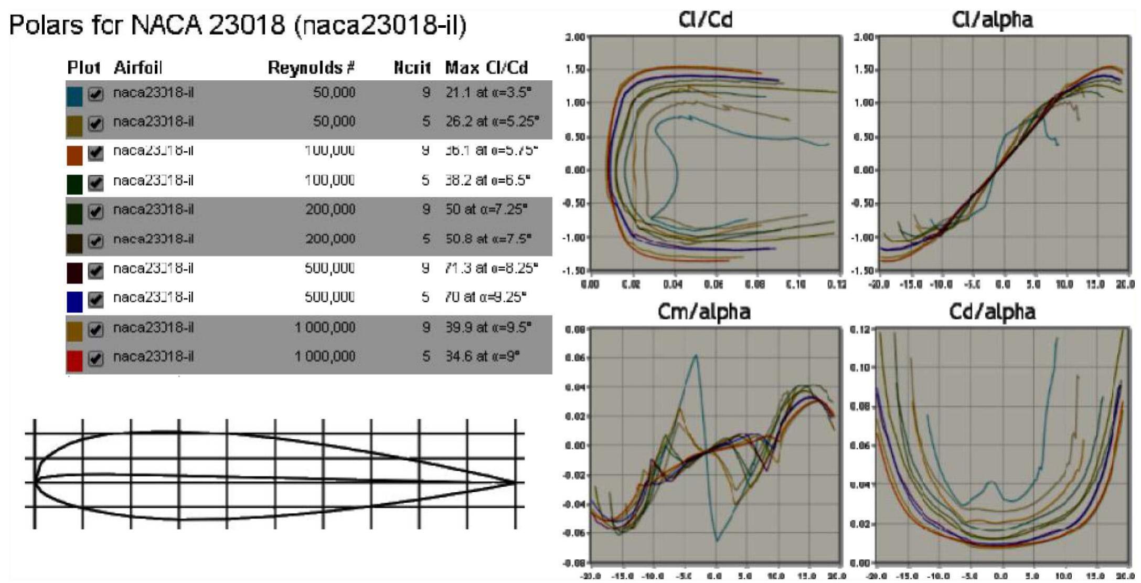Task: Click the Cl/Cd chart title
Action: tap(705, 19)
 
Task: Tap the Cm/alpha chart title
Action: tap(704, 311)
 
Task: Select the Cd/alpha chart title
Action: tap(992, 312)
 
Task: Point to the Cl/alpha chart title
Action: tap(992, 19)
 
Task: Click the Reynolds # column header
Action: tap(311, 68)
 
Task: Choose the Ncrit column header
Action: tap(412, 68)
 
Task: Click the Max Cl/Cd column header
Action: tap(486, 68)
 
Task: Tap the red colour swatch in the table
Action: tap(74, 360)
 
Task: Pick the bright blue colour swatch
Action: tap(74, 301)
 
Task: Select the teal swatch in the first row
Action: tap(74, 96)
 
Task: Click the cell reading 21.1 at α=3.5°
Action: tap(488, 93)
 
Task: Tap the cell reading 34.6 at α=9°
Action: tap(482, 357)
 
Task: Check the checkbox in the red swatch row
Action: tap(95, 359)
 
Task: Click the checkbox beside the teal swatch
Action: tap(95, 94)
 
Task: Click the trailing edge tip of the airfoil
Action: tap(516, 482)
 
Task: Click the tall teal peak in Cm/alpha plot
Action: tap(696, 356)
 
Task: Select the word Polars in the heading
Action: tap(46, 25)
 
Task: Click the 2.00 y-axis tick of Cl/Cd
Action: tap(575, 37)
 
